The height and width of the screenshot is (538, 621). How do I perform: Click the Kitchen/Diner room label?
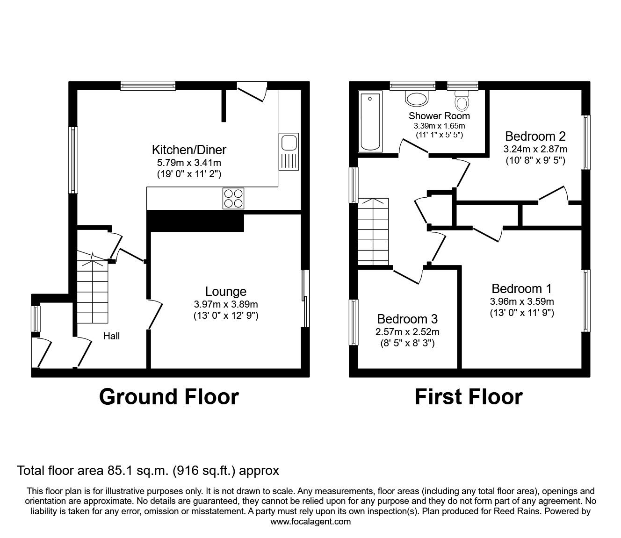click(x=189, y=150)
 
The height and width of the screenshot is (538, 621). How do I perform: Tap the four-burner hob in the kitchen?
click(x=233, y=198)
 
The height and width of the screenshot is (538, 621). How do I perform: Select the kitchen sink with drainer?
click(x=288, y=151)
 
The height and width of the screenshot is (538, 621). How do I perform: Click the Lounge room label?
click(x=226, y=292)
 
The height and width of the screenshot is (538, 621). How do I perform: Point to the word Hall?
click(x=111, y=336)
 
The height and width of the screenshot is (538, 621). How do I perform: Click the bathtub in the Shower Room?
click(x=370, y=122)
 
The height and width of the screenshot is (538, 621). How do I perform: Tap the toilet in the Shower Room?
click(x=462, y=100)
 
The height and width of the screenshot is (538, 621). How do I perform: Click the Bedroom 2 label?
click(x=535, y=136)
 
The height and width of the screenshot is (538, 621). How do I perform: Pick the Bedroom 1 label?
click(x=521, y=288)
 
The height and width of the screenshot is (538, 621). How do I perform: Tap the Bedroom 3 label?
click(x=407, y=319)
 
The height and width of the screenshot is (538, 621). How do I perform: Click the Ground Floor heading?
click(x=169, y=397)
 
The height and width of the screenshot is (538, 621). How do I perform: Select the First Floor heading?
click(x=469, y=397)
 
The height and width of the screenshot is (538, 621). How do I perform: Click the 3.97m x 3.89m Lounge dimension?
click(x=226, y=304)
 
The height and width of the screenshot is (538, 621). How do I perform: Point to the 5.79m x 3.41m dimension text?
click(x=189, y=163)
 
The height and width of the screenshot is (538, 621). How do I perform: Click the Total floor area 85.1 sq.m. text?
click(x=148, y=470)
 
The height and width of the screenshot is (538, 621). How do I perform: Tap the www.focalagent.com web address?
click(x=310, y=522)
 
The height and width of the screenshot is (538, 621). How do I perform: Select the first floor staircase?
click(x=373, y=231)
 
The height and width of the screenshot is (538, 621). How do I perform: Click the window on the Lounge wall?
click(x=305, y=298)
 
